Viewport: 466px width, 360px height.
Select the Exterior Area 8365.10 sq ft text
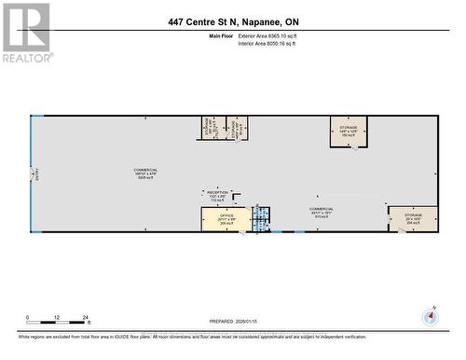tap(267, 36)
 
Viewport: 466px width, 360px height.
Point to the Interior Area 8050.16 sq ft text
tap(267, 44)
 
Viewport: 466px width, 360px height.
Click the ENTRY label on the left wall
tap(35, 173)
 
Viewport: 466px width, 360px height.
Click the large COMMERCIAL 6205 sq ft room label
tap(145, 173)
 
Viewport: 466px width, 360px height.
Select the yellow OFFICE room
tap(225, 220)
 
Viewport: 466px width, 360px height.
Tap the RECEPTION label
tap(217, 197)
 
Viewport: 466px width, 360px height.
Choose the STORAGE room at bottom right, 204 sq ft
tap(413, 219)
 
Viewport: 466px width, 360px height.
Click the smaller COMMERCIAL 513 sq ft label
tap(322, 212)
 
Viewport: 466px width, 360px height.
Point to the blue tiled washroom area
tap(263, 218)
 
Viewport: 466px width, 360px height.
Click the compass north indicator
tap(430, 315)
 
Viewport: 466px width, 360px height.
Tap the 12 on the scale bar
tap(56, 317)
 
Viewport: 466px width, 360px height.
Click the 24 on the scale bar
tap(85, 317)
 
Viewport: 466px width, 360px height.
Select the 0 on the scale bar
tap(28, 317)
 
